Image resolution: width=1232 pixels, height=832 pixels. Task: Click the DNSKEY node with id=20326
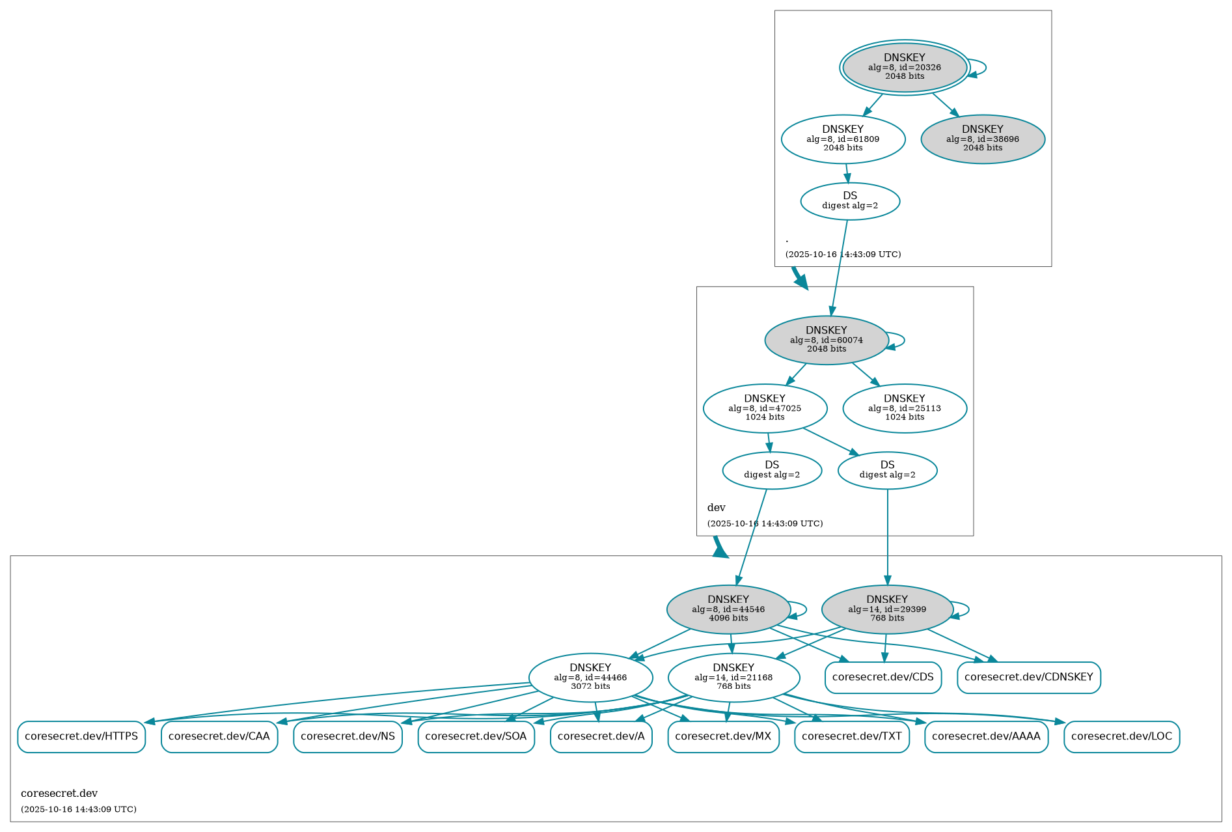click(x=904, y=67)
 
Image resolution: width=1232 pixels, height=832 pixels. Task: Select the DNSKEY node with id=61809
click(x=843, y=139)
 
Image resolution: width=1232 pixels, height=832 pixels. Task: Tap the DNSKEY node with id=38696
click(x=982, y=139)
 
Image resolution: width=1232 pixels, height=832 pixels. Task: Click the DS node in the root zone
click(x=850, y=201)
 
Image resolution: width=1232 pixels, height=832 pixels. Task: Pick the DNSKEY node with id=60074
click(x=827, y=340)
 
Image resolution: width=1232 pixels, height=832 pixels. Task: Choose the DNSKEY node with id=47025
click(x=765, y=408)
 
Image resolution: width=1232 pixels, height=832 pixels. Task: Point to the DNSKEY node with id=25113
click(x=904, y=408)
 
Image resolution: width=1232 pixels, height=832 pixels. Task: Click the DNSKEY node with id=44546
click(x=728, y=609)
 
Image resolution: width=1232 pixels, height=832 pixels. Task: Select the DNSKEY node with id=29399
click(x=887, y=609)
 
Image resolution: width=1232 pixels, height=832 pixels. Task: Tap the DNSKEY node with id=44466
click(x=590, y=678)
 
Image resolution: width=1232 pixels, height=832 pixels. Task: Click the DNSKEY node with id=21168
click(x=733, y=678)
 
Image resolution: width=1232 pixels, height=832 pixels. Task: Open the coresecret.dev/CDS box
click(x=883, y=678)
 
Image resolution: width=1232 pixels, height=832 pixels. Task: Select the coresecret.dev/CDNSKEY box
click(x=1028, y=678)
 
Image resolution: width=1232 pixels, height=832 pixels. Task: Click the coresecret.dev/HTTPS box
click(x=81, y=737)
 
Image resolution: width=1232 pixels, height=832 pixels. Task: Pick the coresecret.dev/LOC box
click(x=1121, y=737)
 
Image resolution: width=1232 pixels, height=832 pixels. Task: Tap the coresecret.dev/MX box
click(x=723, y=737)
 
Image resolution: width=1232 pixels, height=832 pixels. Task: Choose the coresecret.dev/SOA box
click(x=476, y=737)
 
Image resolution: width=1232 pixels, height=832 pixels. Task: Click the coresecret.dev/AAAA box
click(x=986, y=737)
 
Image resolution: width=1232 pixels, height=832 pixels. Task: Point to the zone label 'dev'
click(x=716, y=508)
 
